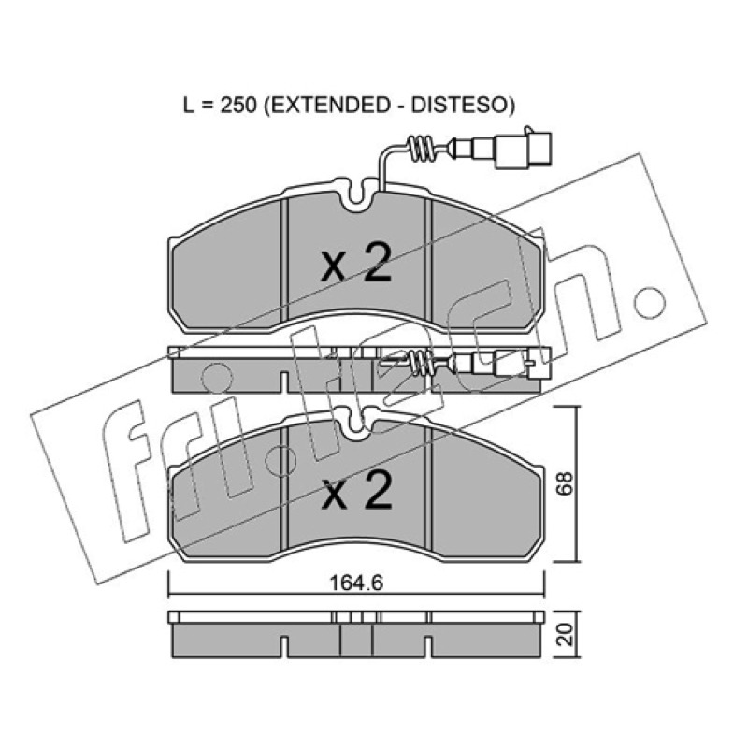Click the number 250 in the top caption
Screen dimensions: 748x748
tap(238, 105)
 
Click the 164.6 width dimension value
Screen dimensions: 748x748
tap(357, 583)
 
